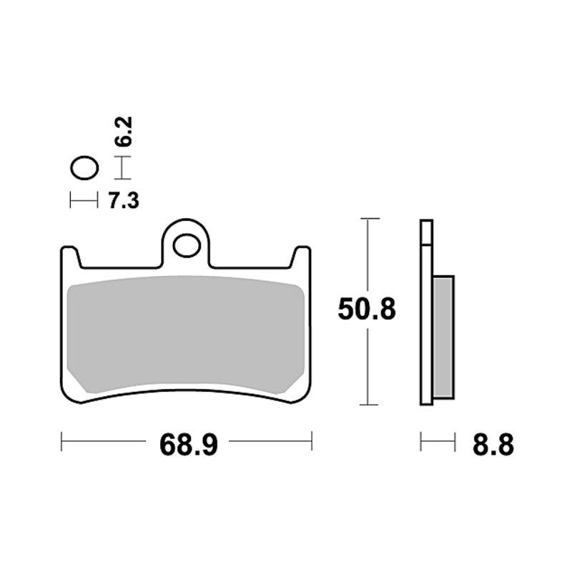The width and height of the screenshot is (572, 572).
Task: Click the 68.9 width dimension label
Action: (189, 445)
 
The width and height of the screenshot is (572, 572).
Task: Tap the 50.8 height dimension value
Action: (367, 310)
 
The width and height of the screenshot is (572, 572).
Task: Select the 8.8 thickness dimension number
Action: (493, 445)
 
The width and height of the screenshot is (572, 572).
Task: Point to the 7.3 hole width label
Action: (124, 201)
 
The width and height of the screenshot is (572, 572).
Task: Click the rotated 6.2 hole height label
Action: (123, 132)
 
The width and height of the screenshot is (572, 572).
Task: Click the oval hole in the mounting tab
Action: (187, 245)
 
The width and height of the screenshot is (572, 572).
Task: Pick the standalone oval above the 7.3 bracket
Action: (84, 168)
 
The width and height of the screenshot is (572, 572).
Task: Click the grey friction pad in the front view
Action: (186, 334)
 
